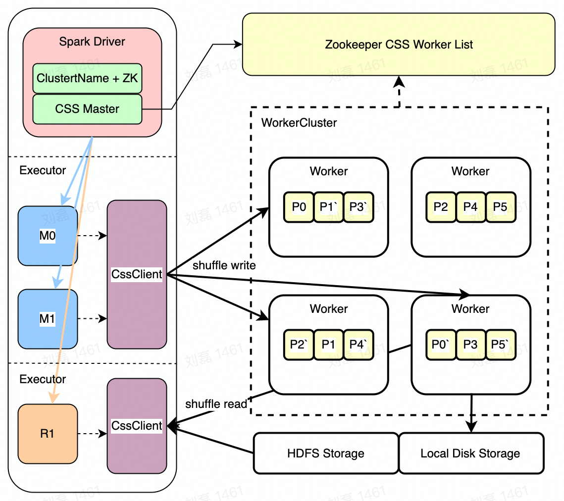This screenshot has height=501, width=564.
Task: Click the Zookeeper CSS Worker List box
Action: coord(399,45)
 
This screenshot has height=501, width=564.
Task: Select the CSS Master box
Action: coord(87,109)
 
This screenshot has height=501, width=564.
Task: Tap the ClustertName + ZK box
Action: coord(87,78)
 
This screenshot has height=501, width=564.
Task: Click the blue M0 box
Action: coord(48,236)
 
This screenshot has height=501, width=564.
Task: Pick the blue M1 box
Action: coord(48,319)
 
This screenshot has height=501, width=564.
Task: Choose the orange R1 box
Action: coord(48,434)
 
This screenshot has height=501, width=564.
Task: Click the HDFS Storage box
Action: coord(326,453)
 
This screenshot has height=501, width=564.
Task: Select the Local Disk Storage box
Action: coord(470,453)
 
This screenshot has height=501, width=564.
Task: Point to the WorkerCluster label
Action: coord(299,123)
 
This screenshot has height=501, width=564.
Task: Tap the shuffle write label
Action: coord(224,265)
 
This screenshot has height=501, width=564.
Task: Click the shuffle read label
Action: coord(216,404)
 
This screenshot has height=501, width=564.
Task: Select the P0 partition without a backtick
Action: coord(299,206)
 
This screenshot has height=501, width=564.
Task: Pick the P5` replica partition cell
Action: coord(501,344)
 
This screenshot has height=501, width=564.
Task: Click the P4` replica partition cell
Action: coord(358,344)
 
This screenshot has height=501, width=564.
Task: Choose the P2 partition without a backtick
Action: coord(441,206)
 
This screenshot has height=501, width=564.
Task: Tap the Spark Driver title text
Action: coord(92,42)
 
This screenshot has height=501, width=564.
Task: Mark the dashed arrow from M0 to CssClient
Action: coord(92,236)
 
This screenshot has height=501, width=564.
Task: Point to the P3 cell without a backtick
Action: coord(470,344)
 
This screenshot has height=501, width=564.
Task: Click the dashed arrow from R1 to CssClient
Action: coord(92,434)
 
